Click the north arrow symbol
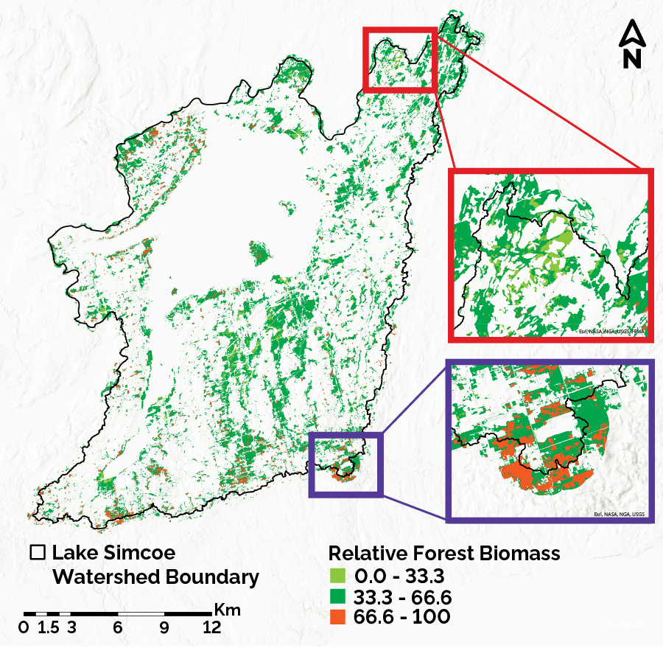pos(631,33)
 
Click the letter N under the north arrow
pos(631,59)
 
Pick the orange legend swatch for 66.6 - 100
pos(337,616)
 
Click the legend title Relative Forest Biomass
pos(444,553)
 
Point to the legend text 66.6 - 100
pos(401,616)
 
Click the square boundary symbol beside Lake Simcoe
pos(38,552)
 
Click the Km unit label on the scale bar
pos(228,610)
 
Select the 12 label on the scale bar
pos(211,628)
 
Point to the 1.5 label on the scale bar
pos(48,628)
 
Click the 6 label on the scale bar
pos(117,628)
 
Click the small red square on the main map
pos(400,59)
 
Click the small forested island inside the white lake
pos(258,254)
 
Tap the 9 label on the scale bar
pos(164,628)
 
